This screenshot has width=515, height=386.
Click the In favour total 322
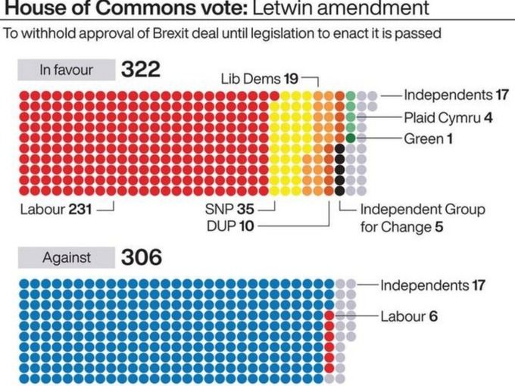coord(141,70)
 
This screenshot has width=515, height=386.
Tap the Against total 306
coord(142,257)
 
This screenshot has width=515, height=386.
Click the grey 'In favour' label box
coord(66,70)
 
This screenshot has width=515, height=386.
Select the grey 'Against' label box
coord(66,257)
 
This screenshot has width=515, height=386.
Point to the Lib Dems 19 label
coord(261,78)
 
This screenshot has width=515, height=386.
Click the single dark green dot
coord(351,138)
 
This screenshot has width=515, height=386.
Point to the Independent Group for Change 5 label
coord(422,218)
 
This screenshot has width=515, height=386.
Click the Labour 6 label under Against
coord(408,316)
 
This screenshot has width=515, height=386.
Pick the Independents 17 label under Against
coord(432,285)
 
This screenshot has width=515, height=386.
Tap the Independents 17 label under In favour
coord(454,95)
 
